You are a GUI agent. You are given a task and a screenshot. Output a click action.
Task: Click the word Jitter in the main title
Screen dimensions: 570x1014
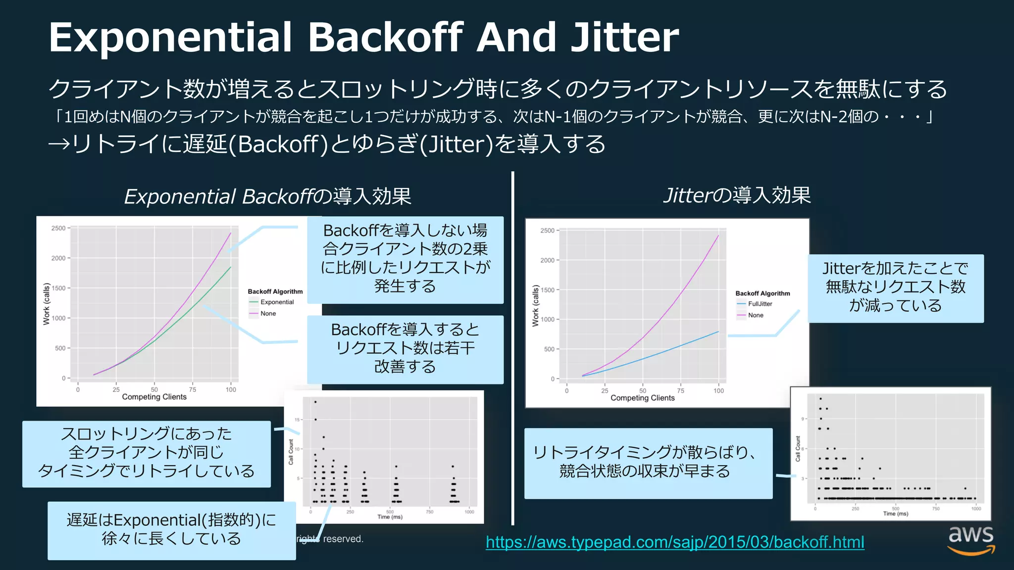point(625,38)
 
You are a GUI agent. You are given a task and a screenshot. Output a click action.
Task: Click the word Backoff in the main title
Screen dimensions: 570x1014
point(386,38)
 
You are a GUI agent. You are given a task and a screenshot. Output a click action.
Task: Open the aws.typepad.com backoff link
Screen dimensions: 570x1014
point(675,542)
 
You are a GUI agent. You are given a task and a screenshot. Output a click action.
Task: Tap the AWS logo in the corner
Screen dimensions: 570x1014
point(971,540)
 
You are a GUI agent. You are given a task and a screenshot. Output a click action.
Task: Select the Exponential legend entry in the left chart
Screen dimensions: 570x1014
point(277,302)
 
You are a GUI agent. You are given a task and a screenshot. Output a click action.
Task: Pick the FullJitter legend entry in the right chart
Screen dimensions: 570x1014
point(760,304)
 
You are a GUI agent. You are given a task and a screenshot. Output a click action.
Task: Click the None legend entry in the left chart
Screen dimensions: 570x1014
point(268,314)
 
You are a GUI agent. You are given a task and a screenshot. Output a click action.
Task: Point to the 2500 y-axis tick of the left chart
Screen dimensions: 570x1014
point(58,228)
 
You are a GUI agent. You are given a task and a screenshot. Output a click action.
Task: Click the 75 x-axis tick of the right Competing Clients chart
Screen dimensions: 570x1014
point(681,391)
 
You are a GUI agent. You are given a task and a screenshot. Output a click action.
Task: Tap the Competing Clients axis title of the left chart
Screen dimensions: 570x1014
point(154,397)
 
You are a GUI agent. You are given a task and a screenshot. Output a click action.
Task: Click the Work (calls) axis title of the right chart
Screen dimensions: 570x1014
point(535,305)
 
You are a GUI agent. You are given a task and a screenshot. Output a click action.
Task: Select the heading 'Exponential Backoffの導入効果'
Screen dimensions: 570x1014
point(267,196)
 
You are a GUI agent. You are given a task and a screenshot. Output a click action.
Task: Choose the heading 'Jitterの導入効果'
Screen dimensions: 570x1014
point(737,195)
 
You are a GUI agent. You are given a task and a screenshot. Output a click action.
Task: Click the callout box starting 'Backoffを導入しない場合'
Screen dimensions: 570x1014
point(405,259)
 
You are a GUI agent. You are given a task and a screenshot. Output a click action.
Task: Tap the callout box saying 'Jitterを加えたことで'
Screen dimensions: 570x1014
point(895,287)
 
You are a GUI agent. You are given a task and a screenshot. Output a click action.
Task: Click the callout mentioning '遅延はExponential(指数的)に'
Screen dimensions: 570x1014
point(171,529)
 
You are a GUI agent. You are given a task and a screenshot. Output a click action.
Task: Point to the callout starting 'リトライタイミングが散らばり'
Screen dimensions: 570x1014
point(648,462)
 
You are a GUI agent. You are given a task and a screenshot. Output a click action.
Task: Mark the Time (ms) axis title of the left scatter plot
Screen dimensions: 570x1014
point(390,517)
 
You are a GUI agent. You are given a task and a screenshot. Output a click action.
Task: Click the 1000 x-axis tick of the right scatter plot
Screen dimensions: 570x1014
point(976,509)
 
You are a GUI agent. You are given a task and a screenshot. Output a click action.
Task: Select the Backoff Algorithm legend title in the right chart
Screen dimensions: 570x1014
point(762,293)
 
